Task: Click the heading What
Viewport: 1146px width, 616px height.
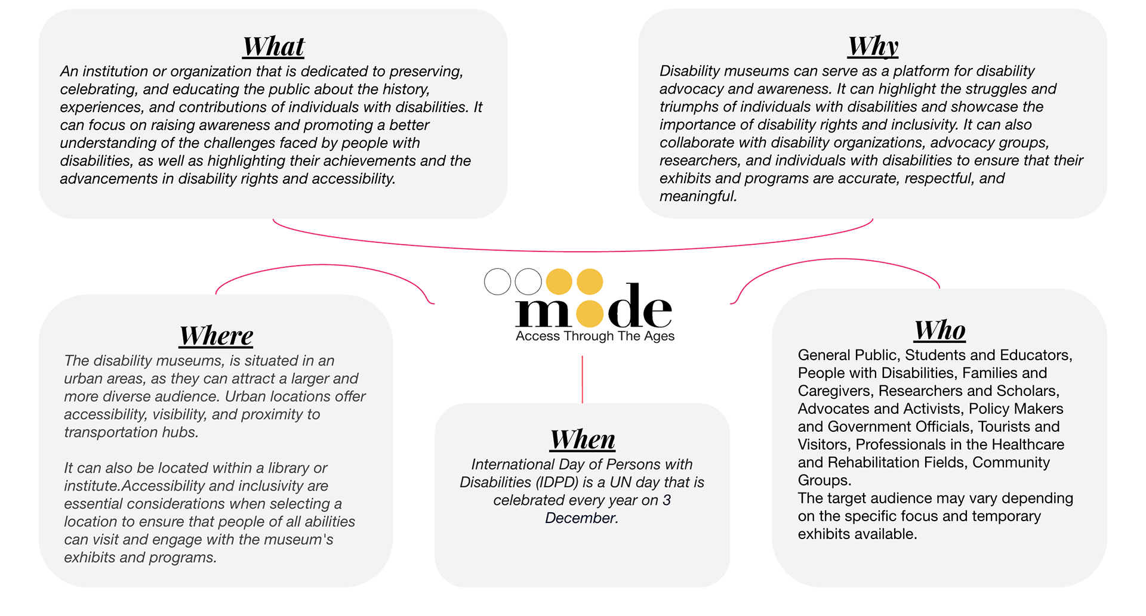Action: pyautogui.click(x=273, y=47)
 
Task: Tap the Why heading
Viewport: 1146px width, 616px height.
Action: pyautogui.click(x=873, y=46)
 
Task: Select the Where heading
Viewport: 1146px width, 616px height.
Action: pyautogui.click(x=216, y=336)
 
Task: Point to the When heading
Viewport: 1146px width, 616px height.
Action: pyautogui.click(x=583, y=439)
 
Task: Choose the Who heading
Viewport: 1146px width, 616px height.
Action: pyautogui.click(x=939, y=330)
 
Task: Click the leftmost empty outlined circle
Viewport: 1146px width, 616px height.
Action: pyautogui.click(x=497, y=281)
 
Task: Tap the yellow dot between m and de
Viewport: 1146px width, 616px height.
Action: pyautogui.click(x=590, y=313)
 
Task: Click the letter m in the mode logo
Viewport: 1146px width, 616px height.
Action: pyautogui.click(x=543, y=312)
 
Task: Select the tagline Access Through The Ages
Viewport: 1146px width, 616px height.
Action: pyautogui.click(x=594, y=336)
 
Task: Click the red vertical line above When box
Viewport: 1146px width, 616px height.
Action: pyautogui.click(x=582, y=379)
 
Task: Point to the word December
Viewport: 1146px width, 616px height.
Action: pyautogui.click(x=580, y=518)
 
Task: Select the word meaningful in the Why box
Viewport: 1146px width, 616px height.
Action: pyautogui.click(x=697, y=196)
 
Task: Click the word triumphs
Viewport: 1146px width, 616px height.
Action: pyautogui.click(x=689, y=107)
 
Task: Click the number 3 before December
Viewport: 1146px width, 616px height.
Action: pyautogui.click(x=667, y=500)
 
